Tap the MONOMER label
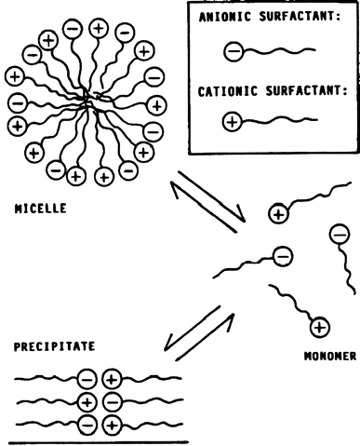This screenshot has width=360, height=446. click(329, 355)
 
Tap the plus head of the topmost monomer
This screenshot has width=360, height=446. click(277, 215)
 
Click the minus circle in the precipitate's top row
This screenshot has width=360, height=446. click(87, 379)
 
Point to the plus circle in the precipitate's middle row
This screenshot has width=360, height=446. click(88, 402)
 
